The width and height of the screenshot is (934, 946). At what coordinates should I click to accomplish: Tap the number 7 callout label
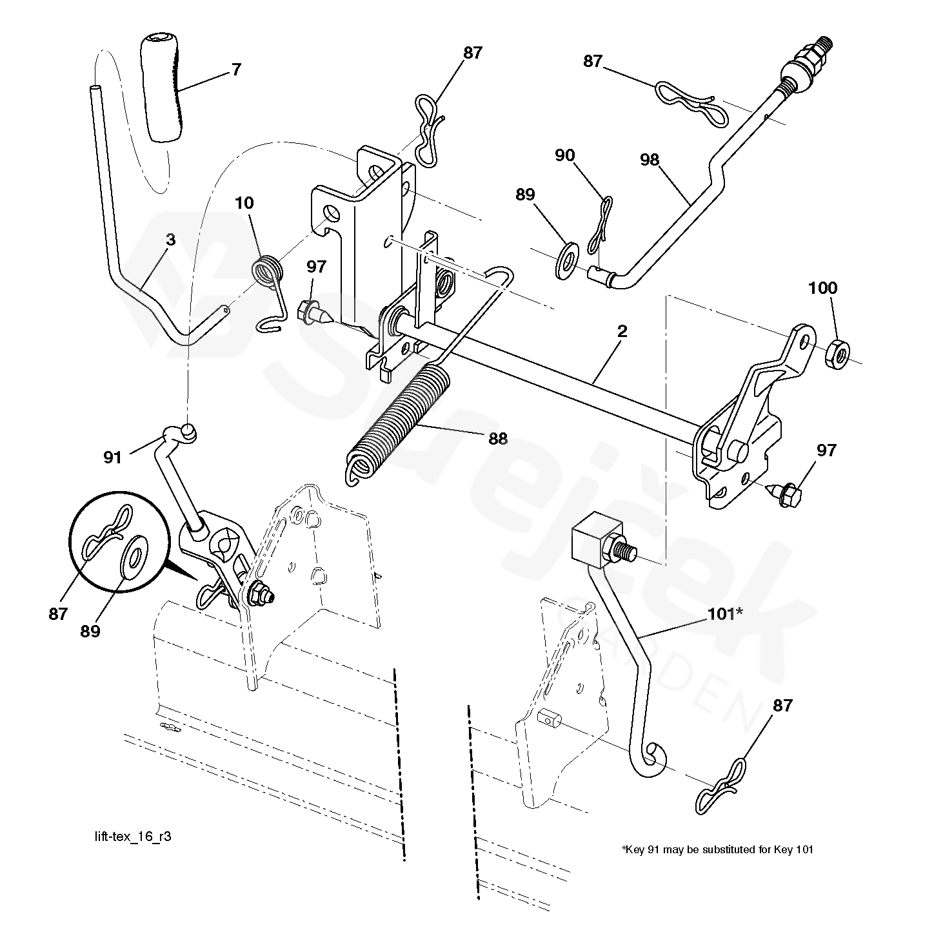(237, 70)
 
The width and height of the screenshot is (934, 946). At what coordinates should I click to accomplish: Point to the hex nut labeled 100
(836, 354)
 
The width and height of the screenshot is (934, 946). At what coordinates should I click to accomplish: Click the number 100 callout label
(822, 287)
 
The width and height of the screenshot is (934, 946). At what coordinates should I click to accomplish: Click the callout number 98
(650, 160)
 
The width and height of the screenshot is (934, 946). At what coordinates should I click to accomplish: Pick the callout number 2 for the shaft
(622, 331)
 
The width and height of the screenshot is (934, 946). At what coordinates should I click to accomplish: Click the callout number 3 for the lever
(170, 240)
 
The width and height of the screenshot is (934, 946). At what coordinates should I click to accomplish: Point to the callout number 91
(112, 457)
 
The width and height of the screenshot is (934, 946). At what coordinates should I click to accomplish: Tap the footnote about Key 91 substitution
(717, 849)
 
